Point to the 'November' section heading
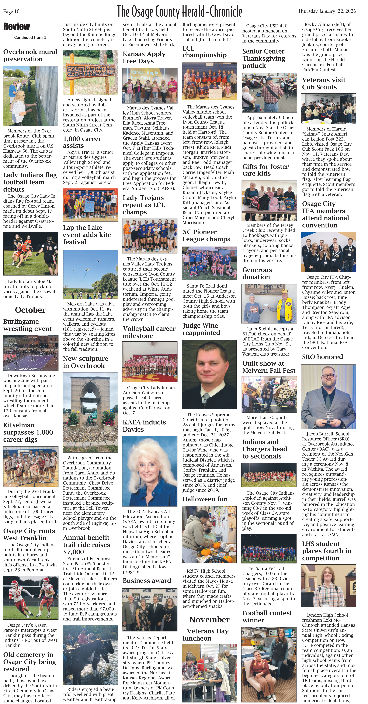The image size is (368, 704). (x=209, y=620)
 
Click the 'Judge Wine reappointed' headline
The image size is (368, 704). (x=201, y=329)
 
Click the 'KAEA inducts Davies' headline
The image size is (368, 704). (x=144, y=426)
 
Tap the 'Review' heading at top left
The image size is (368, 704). (x=17, y=27)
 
